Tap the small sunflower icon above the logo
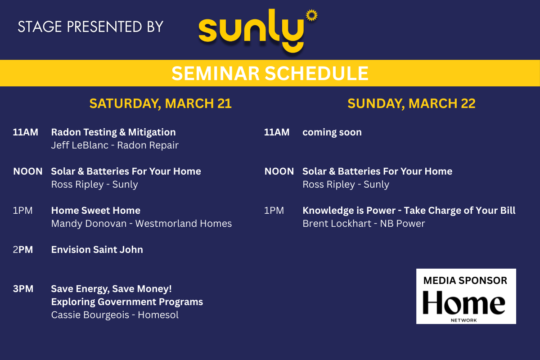point(312,15)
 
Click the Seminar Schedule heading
point(270,73)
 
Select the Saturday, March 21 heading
point(161,103)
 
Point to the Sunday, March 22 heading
point(411,103)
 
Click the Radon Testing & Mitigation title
point(113,132)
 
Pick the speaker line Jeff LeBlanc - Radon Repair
point(115,145)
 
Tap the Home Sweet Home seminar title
point(96,211)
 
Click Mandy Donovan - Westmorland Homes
point(141,224)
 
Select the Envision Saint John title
point(97,250)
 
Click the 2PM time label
point(23,250)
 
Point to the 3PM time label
point(23,289)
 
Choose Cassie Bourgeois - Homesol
point(115,315)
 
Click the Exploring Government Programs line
point(127,302)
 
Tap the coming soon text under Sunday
point(332,132)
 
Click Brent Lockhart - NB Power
point(364,224)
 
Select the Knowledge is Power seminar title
point(409,211)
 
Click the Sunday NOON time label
point(279,171)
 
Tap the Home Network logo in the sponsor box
point(464,306)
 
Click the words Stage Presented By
point(90,27)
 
